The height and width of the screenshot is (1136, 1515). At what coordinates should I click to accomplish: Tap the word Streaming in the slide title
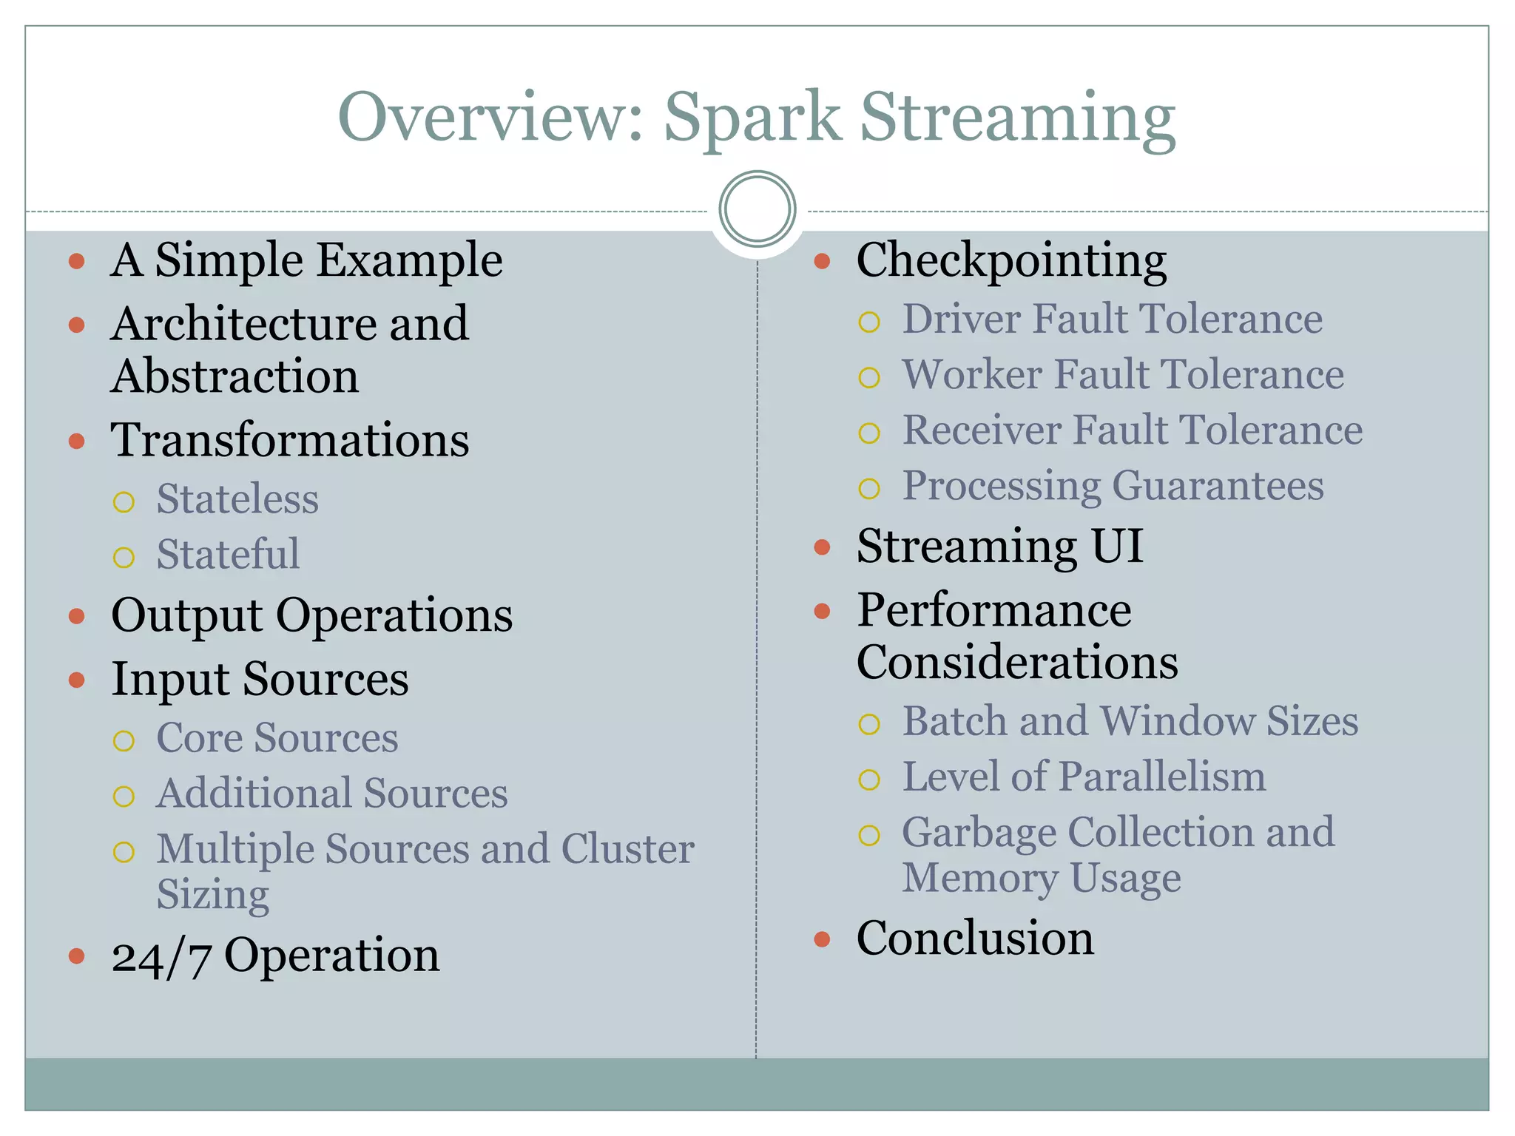[x=1017, y=118]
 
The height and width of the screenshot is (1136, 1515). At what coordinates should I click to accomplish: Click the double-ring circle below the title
[x=757, y=209]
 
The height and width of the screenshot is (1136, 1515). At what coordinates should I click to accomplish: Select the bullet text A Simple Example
[x=306, y=260]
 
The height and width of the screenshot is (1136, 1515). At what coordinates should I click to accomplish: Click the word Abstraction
[x=234, y=376]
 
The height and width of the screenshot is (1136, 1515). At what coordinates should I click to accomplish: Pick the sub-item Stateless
[x=237, y=499]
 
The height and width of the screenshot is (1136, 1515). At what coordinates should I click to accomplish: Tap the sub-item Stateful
[x=228, y=555]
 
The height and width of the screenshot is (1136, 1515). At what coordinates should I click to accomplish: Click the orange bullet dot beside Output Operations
[x=77, y=616]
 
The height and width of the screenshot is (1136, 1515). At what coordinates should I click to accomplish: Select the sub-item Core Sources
[x=277, y=738]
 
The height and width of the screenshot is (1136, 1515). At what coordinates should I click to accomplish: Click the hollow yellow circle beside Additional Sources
[x=124, y=797]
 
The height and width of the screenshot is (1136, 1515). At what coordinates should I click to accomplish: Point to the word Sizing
[x=212, y=895]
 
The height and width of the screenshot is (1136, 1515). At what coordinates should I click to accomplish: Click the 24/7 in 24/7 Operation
[x=161, y=956]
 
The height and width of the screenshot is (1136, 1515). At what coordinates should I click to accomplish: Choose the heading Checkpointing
[x=1011, y=260]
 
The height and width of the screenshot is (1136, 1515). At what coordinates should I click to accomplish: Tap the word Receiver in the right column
[x=982, y=430]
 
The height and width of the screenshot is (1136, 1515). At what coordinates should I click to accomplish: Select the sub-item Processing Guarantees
[x=1113, y=486]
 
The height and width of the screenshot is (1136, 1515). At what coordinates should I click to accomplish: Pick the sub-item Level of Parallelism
[x=1084, y=777]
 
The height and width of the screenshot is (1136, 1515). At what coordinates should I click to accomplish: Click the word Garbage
[x=979, y=834]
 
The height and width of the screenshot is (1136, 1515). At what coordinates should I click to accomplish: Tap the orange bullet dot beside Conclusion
[x=822, y=939]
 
